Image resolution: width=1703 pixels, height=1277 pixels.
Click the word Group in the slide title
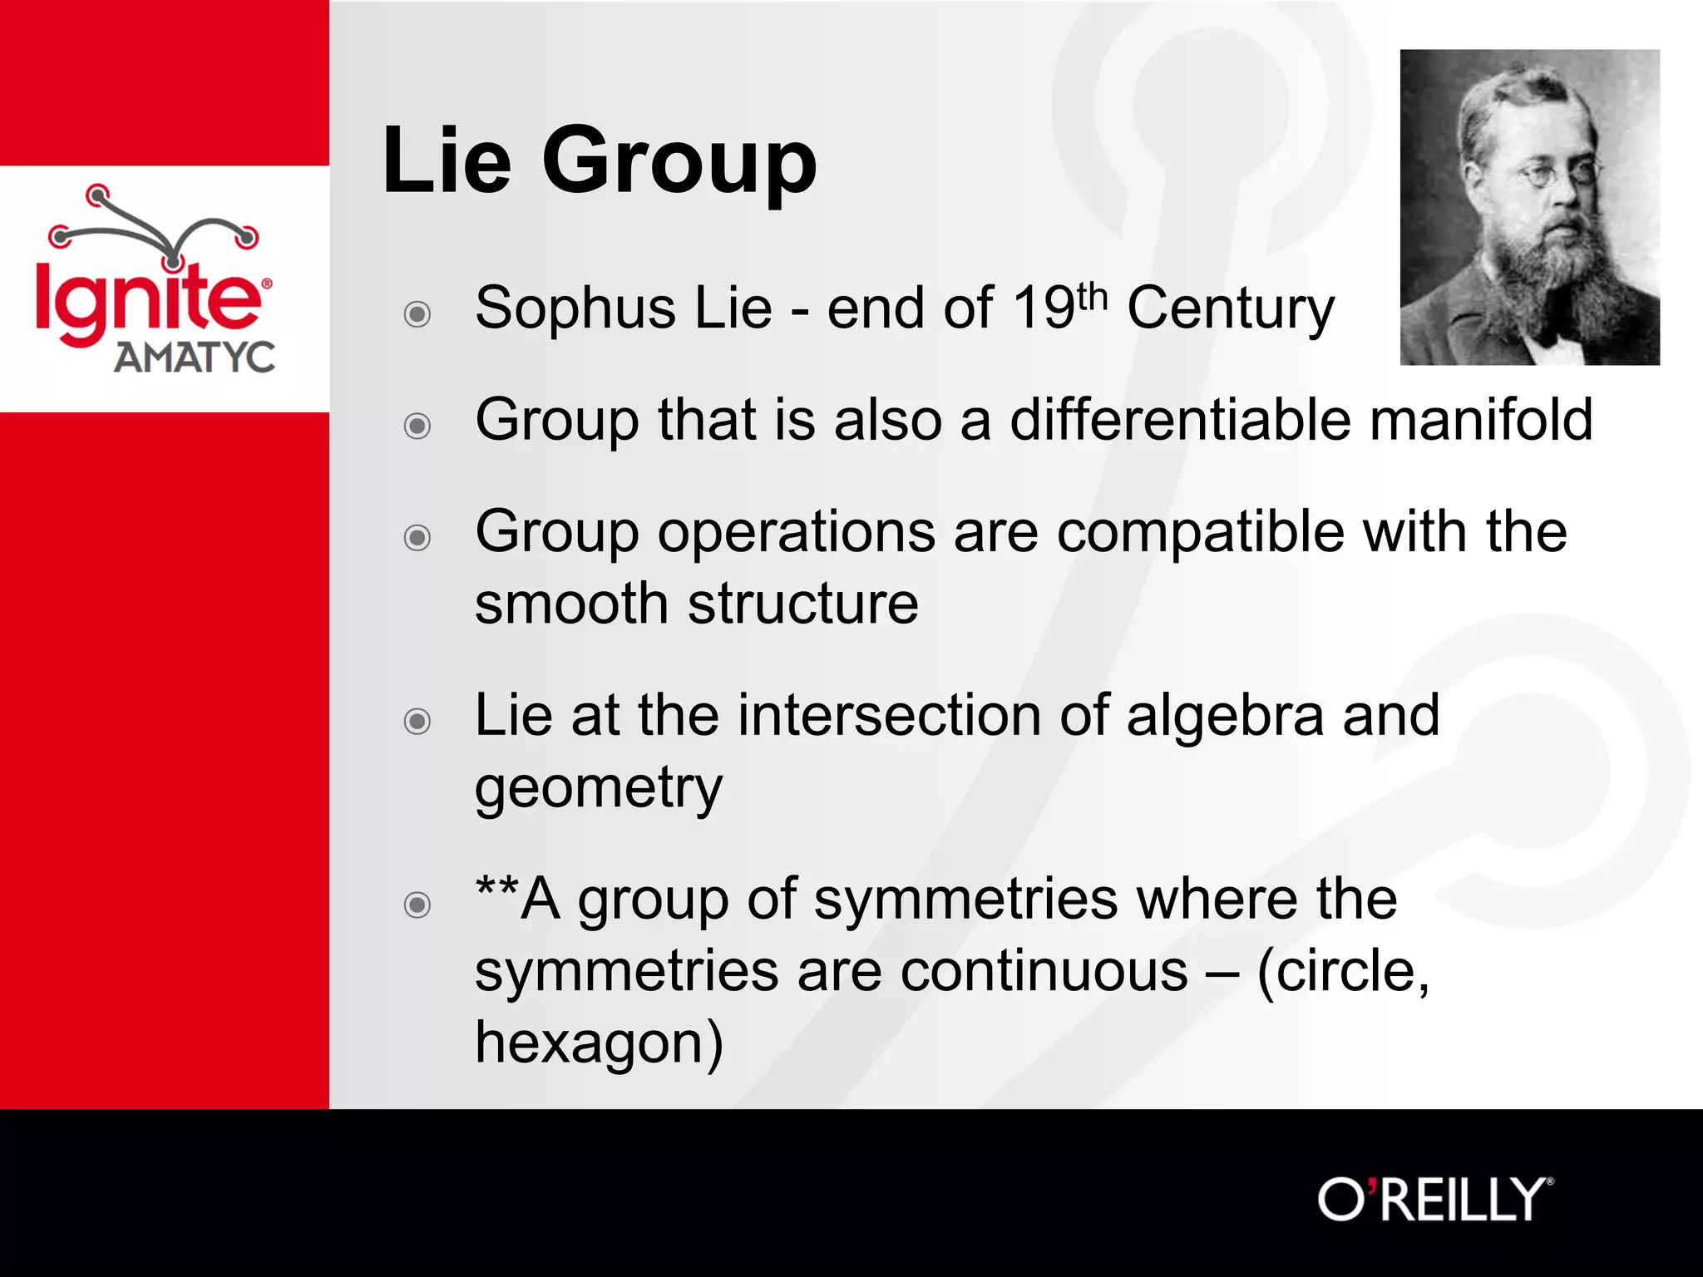(679, 162)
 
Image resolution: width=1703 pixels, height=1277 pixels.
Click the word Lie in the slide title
(447, 160)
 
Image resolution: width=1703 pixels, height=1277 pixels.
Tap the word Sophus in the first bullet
(575, 308)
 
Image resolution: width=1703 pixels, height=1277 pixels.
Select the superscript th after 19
(1092, 296)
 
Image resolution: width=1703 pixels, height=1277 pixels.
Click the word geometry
(598, 788)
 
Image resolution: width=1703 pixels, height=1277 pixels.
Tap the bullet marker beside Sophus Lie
(417, 314)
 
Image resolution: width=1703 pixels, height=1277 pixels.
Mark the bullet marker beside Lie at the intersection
(417, 721)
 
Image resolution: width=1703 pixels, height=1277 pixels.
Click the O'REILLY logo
(1434, 1199)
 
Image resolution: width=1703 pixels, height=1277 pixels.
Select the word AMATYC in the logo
(195, 357)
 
